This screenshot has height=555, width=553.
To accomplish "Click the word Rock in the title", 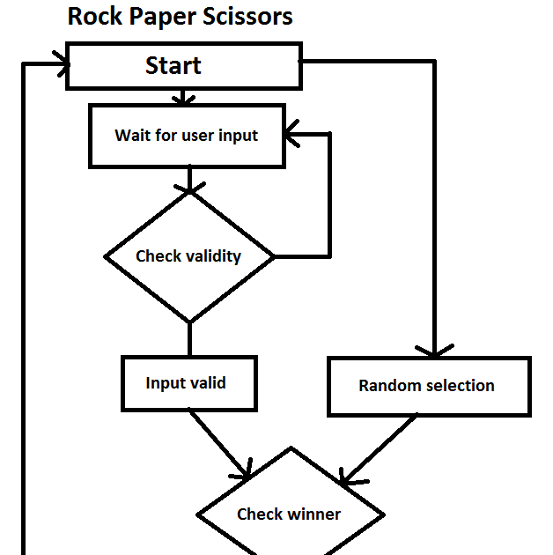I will pyautogui.click(x=96, y=16).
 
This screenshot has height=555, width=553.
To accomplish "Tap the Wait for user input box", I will pyautogui.click(x=187, y=136).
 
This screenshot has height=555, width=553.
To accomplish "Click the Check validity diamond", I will pyautogui.click(x=188, y=256).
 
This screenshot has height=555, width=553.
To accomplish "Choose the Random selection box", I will pyautogui.click(x=429, y=386).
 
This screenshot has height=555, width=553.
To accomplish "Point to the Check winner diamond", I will pyautogui.click(x=290, y=514).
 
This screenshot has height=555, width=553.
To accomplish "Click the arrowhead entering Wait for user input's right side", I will pyautogui.click(x=294, y=135).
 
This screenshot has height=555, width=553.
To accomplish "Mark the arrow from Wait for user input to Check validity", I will pyautogui.click(x=188, y=181).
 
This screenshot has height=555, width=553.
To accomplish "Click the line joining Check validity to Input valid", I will pyautogui.click(x=188, y=338).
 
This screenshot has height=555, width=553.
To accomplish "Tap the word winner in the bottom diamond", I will pyautogui.click(x=313, y=514).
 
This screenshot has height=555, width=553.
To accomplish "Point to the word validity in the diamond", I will pyautogui.click(x=213, y=256).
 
